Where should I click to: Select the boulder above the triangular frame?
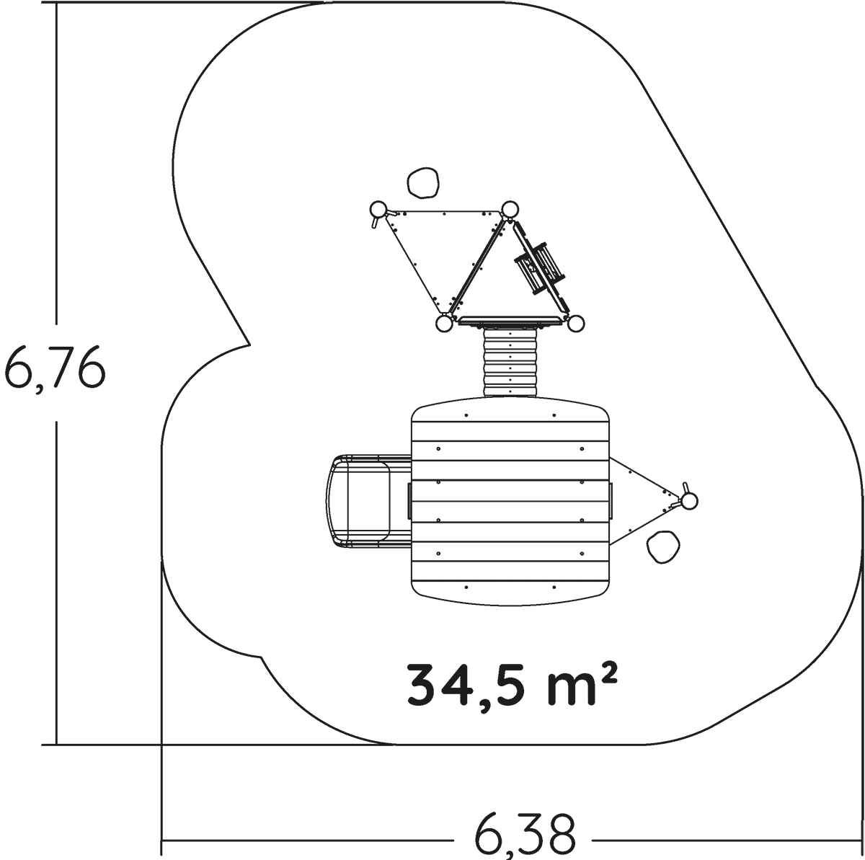coord(423,182)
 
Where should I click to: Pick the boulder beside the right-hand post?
coord(663,546)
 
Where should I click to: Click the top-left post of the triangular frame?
coord(378,209)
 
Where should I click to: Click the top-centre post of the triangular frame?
coord(510,209)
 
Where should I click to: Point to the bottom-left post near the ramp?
coord(444,324)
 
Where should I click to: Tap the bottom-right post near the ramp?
coord(575,324)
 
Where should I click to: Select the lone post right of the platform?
coord(689,501)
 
